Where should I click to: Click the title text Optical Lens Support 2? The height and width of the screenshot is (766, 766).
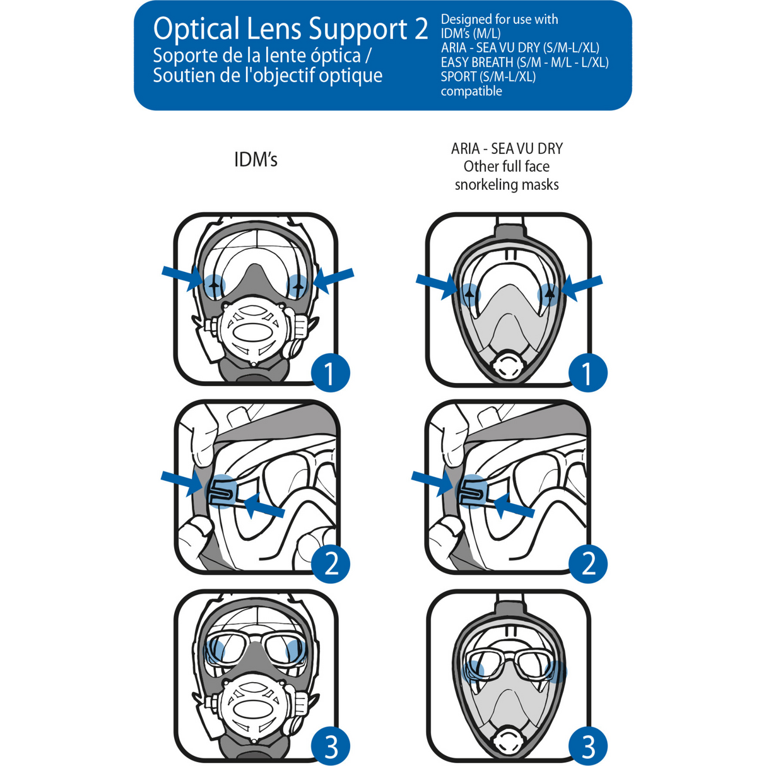pos(290,29)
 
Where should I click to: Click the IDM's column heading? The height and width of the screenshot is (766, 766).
pos(256,160)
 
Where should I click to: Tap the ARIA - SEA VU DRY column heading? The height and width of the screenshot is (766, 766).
pos(507,149)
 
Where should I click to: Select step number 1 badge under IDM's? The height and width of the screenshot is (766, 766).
pos(330,373)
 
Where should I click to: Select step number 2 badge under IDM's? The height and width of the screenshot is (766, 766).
pos(330,563)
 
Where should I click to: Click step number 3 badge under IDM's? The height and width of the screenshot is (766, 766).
pos(330,746)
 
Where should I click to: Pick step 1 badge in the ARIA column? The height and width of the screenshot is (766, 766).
pos(587,373)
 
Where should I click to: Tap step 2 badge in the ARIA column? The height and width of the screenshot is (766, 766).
pos(587,563)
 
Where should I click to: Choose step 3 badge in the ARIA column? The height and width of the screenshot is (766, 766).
pos(587,746)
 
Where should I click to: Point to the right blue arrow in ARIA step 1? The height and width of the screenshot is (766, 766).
pos(582,287)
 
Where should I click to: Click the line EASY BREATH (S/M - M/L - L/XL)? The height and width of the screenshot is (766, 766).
pos(524,62)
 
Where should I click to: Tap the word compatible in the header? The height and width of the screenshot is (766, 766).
pos(471,91)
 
